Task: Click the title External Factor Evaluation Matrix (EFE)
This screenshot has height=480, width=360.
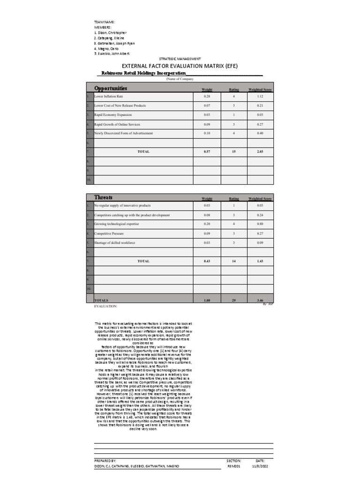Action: click(180, 66)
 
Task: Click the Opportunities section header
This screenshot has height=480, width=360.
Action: click(111, 88)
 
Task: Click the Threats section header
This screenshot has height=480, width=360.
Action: click(103, 197)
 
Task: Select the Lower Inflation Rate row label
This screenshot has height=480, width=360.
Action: click(108, 96)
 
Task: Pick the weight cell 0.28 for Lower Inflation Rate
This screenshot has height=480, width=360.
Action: click(207, 96)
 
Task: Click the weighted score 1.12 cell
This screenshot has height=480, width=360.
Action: click(260, 96)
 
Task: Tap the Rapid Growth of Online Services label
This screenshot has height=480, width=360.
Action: click(117, 124)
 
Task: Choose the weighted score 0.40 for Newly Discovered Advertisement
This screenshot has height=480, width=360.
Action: click(260, 133)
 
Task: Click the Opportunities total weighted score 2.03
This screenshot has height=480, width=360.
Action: click(260, 152)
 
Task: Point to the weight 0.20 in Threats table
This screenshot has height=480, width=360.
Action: click(207, 224)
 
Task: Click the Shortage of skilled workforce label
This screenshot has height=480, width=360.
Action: click(115, 242)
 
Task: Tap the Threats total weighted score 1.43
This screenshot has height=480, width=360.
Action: click(260, 261)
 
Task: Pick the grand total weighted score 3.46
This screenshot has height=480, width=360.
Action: click(260, 300)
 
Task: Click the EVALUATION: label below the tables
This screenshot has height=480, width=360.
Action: click(105, 306)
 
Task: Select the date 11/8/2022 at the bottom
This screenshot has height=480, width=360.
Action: click(260, 466)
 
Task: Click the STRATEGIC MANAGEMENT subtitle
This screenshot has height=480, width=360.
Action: click(180, 59)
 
